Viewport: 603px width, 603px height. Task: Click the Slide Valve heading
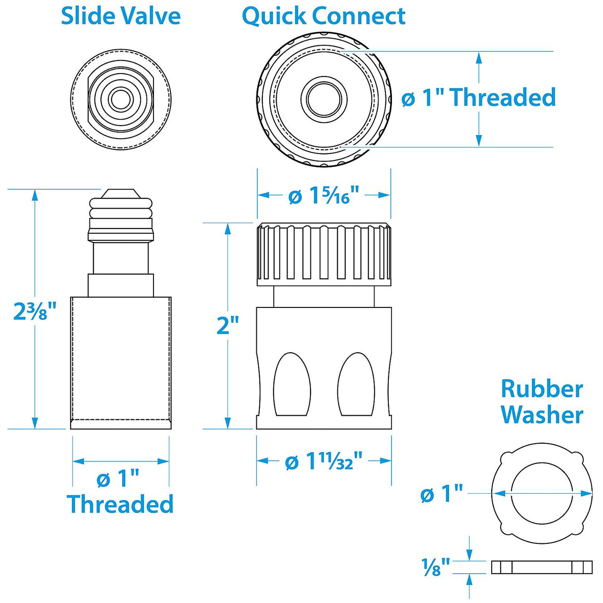121,16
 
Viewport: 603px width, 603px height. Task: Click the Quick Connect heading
323,16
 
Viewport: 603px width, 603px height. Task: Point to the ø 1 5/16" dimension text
323,196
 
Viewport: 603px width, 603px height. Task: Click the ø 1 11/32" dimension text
323,462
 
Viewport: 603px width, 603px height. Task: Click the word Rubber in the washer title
541,389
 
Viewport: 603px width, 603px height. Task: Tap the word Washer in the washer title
541,415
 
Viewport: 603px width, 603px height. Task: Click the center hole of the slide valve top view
120,99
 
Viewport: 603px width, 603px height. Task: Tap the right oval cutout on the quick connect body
356,385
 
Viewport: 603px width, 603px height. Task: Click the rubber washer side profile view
541,567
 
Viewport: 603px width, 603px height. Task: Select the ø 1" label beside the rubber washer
441,494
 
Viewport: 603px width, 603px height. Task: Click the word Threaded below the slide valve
120,504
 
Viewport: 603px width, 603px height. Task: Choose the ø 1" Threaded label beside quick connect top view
478,97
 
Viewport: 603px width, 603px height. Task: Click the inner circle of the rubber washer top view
541,493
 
